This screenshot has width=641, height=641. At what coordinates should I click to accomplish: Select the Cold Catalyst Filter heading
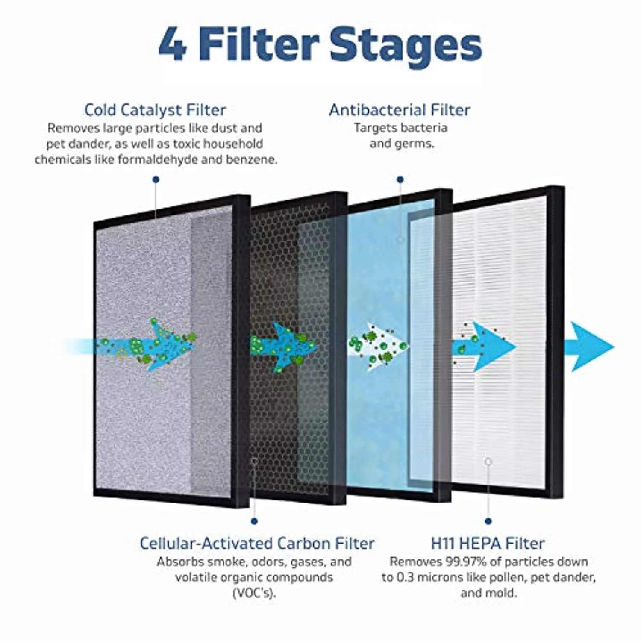click(x=155, y=110)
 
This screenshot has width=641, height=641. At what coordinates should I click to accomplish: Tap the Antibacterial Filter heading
click(x=400, y=110)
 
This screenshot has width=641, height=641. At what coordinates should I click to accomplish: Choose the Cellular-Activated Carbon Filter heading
click(x=257, y=543)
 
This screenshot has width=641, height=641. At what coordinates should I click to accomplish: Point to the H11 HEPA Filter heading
click(x=488, y=543)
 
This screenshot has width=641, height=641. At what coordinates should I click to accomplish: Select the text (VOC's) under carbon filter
click(x=254, y=593)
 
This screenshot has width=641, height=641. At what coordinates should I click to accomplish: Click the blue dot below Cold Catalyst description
click(x=156, y=180)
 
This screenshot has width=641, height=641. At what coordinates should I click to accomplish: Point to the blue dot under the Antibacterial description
click(x=400, y=180)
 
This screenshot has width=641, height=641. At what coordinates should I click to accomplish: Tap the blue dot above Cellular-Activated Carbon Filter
click(x=254, y=521)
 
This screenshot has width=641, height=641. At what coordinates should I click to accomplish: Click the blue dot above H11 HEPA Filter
click(x=488, y=521)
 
